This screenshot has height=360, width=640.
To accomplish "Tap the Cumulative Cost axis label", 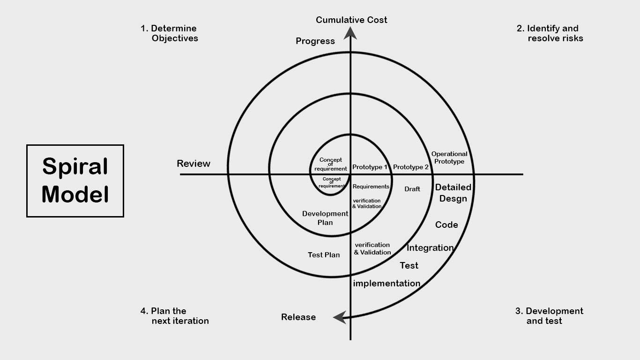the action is click(x=351, y=20).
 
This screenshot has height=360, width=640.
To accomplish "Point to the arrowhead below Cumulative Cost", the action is click(x=350, y=33).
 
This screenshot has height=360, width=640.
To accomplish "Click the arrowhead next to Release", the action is click(x=340, y=317).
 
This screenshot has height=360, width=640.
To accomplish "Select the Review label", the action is click(x=193, y=164).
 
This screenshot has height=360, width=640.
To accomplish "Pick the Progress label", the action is click(x=315, y=41).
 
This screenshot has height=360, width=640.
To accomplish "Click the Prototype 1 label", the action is click(x=370, y=167).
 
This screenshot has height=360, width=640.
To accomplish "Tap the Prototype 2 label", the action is click(x=411, y=167).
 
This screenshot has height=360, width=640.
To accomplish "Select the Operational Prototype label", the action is click(x=449, y=157).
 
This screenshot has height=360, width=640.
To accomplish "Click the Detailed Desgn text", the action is click(x=453, y=193).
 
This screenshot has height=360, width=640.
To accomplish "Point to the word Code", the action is click(x=447, y=225).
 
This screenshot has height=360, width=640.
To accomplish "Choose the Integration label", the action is click(x=430, y=248).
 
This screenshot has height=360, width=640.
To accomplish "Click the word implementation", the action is click(x=387, y=284).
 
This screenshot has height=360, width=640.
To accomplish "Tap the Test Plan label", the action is click(x=324, y=255).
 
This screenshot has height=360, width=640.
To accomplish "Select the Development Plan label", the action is click(x=325, y=218).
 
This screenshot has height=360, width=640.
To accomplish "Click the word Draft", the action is click(x=412, y=189).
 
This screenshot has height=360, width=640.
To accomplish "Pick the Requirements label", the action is click(x=371, y=187).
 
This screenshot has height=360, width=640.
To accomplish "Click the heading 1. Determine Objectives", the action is click(x=169, y=33).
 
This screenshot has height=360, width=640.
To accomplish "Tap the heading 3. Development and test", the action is click(x=549, y=316).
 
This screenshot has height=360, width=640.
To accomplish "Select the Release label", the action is click(x=298, y=317).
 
